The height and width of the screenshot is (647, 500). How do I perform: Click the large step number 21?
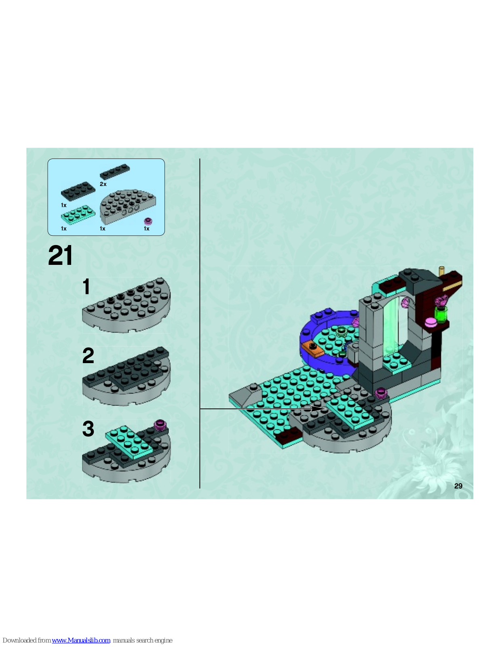point(60,255)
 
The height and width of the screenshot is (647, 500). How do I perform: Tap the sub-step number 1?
point(86,286)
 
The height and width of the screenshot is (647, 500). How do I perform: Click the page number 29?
point(458,486)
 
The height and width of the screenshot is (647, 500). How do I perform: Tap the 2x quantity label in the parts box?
point(103,184)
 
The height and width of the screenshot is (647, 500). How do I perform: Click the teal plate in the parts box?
point(78,214)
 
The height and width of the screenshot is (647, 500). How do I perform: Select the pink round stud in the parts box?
point(148,221)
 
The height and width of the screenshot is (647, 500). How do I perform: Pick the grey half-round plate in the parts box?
point(128,206)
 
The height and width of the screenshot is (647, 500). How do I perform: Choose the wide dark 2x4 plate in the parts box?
point(78,190)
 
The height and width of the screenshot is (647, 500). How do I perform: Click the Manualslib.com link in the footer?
point(81,640)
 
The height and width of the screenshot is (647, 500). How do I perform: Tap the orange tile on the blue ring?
point(312,349)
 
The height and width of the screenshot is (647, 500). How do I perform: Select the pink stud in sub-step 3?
point(160,425)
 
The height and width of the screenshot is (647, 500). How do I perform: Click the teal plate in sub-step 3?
point(129,441)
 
